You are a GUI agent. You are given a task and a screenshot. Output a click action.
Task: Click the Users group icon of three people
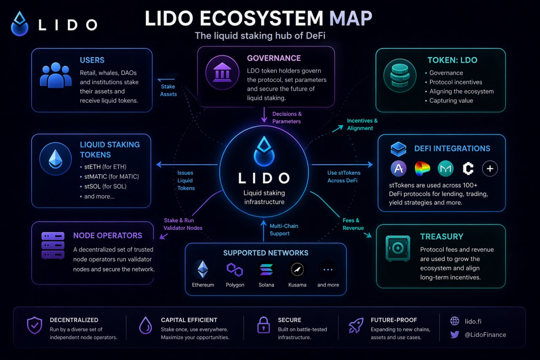click(x=56, y=75)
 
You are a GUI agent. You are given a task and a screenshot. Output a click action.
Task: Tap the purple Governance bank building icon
click(x=222, y=73)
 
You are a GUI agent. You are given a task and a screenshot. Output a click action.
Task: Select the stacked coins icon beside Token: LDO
click(x=400, y=76)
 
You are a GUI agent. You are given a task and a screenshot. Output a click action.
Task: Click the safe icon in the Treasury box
click(x=398, y=248)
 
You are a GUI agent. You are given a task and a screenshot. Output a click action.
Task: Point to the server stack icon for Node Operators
click(x=53, y=246)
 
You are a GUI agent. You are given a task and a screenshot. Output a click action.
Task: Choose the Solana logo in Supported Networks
click(x=266, y=269)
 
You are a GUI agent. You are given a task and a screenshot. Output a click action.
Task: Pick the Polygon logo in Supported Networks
click(x=235, y=269)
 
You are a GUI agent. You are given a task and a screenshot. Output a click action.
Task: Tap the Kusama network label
click(x=297, y=285)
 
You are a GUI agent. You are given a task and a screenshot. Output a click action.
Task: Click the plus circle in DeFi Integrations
click(x=490, y=168)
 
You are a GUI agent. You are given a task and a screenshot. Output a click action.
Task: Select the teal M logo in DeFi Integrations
click(x=445, y=168)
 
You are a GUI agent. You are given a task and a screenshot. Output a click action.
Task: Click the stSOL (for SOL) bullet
click(x=103, y=187)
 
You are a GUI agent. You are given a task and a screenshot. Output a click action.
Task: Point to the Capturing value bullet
click(x=449, y=100)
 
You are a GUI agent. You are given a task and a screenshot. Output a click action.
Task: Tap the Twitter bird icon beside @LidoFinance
click(x=455, y=335)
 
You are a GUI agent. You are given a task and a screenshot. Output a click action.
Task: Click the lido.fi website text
click(x=473, y=322)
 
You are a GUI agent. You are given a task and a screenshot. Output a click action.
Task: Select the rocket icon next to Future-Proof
click(x=356, y=325)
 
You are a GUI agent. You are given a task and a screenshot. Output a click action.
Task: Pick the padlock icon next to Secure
click(x=264, y=325)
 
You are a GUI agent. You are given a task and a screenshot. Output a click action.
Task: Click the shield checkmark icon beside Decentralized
click(x=35, y=325)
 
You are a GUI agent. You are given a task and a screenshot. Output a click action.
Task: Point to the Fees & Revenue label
click(x=353, y=224)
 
